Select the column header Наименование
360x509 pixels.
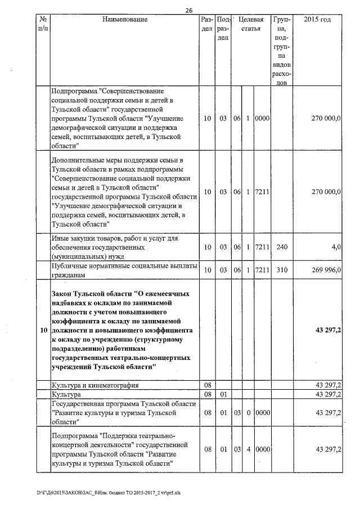pyautogui.click(x=125, y=20)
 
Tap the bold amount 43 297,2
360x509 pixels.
pyautogui.click(x=328, y=330)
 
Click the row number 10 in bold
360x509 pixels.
pyautogui.click(x=43, y=330)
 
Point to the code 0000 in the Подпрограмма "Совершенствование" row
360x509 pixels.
pyautogui.click(x=262, y=119)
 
